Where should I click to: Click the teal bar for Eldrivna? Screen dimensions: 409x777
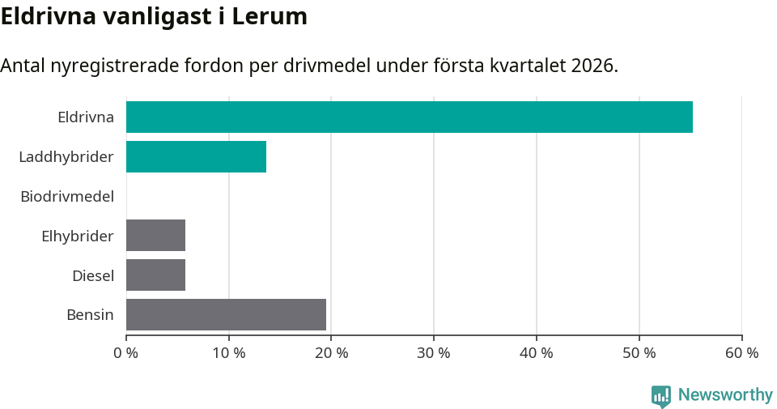click(x=409, y=117)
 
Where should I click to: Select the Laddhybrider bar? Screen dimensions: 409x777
click(x=196, y=156)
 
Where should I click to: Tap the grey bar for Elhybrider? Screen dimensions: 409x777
click(x=155, y=235)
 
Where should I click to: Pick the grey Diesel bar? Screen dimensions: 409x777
click(x=155, y=275)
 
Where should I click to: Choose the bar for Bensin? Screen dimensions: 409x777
click(x=226, y=314)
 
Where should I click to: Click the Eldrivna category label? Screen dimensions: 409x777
click(x=86, y=117)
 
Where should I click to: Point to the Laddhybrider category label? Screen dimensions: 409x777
click(x=66, y=156)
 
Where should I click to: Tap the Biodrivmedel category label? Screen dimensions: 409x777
click(x=67, y=196)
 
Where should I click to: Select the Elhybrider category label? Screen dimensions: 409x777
click(x=78, y=236)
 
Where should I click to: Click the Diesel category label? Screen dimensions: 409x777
click(x=93, y=275)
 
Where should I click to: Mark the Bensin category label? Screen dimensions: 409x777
click(x=90, y=315)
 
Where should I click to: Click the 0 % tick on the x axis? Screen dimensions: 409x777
click(x=126, y=353)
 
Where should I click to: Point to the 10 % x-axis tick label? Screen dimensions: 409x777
click(x=229, y=353)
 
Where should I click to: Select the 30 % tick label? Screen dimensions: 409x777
click(x=434, y=353)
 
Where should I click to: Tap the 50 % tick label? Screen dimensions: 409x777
click(x=639, y=353)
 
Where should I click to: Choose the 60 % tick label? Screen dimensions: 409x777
click(x=741, y=353)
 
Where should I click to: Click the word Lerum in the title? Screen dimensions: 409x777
click(x=270, y=16)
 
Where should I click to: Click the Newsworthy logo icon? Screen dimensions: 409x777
click(x=661, y=395)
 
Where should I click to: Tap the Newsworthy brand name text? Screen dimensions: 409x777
click(x=725, y=395)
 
